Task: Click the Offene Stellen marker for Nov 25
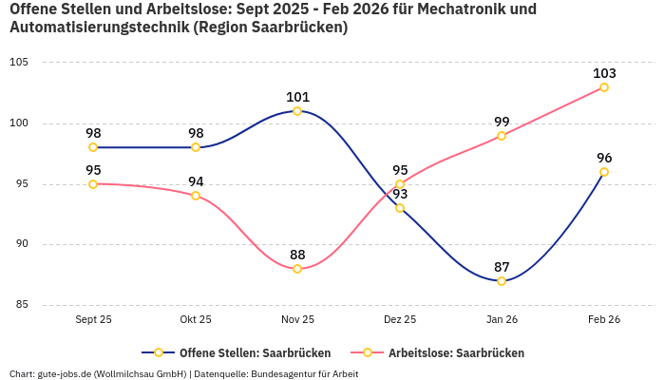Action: (x=297, y=111)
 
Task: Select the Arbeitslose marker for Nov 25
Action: (x=297, y=269)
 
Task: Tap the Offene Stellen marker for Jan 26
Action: (x=502, y=280)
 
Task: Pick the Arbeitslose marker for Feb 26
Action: (x=604, y=87)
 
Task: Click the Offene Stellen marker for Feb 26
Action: (x=604, y=172)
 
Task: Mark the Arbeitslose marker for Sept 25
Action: (x=93, y=184)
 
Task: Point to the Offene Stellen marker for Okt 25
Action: (x=196, y=147)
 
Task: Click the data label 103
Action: (x=604, y=73)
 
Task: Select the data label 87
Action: (x=502, y=266)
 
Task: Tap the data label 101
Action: (x=297, y=97)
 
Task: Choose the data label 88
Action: (x=297, y=255)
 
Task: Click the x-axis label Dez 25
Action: (x=400, y=319)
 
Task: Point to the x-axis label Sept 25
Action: (x=93, y=319)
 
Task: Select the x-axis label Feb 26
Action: (x=604, y=319)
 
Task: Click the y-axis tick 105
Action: (x=19, y=63)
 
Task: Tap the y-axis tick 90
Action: (x=22, y=244)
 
